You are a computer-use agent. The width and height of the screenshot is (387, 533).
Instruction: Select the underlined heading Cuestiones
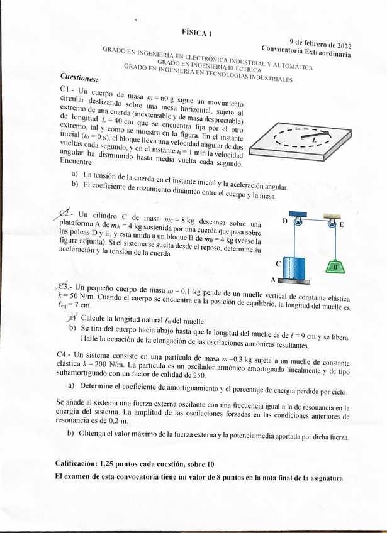click(x=79, y=79)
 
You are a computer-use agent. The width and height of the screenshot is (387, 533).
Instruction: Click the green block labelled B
click(x=335, y=266)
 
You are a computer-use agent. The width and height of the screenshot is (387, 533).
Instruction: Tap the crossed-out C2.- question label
click(x=66, y=214)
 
